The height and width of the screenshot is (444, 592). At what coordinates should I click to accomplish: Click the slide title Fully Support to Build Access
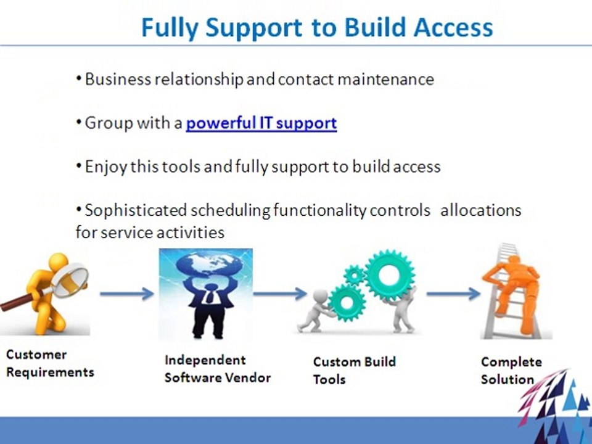(317, 28)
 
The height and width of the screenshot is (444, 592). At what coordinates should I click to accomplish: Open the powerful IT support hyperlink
(261, 123)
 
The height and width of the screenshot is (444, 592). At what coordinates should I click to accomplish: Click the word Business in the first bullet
(118, 80)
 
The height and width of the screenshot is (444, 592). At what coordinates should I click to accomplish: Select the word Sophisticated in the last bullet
(136, 210)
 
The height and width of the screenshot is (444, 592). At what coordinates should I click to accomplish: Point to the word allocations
(480, 210)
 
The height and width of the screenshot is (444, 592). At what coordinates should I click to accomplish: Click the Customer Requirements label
(50, 363)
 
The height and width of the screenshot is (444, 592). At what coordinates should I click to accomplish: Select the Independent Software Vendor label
(218, 369)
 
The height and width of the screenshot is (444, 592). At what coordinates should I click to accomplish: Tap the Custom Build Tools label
(355, 370)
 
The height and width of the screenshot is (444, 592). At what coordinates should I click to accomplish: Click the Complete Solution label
(511, 371)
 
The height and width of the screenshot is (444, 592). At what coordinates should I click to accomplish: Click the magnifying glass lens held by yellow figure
(70, 280)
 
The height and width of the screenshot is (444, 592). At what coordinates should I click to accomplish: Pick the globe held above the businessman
(206, 265)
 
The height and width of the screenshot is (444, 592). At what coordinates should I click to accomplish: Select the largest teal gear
(389, 275)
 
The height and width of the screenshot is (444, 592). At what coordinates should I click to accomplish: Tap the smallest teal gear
(354, 275)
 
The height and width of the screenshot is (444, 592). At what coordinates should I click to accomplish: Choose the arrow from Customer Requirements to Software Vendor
(127, 294)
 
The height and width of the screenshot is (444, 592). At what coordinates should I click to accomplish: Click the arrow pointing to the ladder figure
(453, 294)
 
